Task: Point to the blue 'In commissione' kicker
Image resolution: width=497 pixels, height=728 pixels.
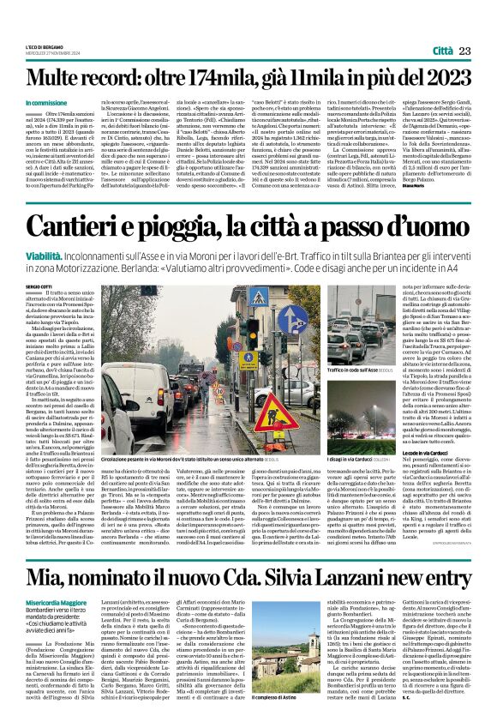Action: coord(46,102)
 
